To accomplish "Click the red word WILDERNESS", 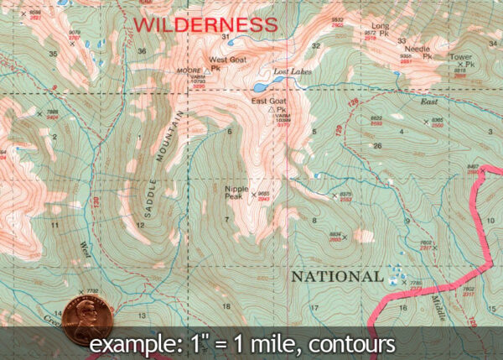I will pyautogui.click(x=205, y=23).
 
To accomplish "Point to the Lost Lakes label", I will pyautogui.click(x=293, y=73).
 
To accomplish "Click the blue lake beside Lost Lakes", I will pyautogui.click(x=261, y=86).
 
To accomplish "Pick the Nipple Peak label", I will pyautogui.click(x=237, y=192).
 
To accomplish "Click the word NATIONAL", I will pyautogui.click(x=334, y=276).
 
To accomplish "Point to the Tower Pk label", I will pyautogui.click(x=461, y=60).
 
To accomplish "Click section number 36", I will pyautogui.click(x=142, y=51).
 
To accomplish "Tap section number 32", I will pyautogui.click(x=315, y=44).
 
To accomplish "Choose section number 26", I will pyautogui.click(x=377, y=145).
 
